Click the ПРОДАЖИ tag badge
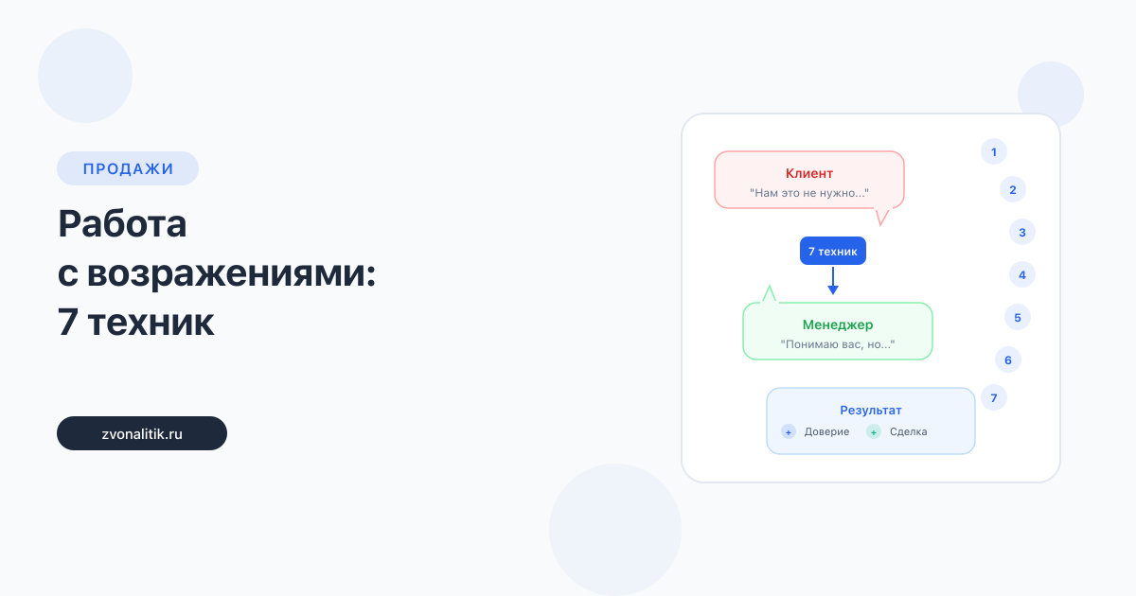pyautogui.click(x=127, y=168)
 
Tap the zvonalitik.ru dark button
pyautogui.click(x=142, y=433)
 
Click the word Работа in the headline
pyautogui.click(x=122, y=223)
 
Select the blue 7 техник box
pyautogui.click(x=833, y=251)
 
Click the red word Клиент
pyautogui.click(x=809, y=173)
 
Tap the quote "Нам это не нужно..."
pyautogui.click(x=809, y=193)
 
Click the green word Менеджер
pyautogui.click(x=838, y=324)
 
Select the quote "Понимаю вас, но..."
pyautogui.click(x=838, y=344)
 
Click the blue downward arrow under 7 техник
pyautogui.click(x=833, y=280)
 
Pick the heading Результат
pyautogui.click(x=871, y=410)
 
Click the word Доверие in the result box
pyautogui.click(x=826, y=431)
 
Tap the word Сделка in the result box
pyautogui.click(x=908, y=431)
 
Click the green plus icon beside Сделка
pyautogui.click(x=873, y=431)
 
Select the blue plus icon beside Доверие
pyautogui.click(x=788, y=431)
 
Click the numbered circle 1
pyautogui.click(x=994, y=151)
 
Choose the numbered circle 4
pyautogui.click(x=1022, y=274)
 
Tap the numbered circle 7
pyautogui.click(x=994, y=398)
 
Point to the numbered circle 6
pyautogui.click(x=1008, y=359)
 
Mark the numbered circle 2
pyautogui.click(x=1013, y=189)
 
